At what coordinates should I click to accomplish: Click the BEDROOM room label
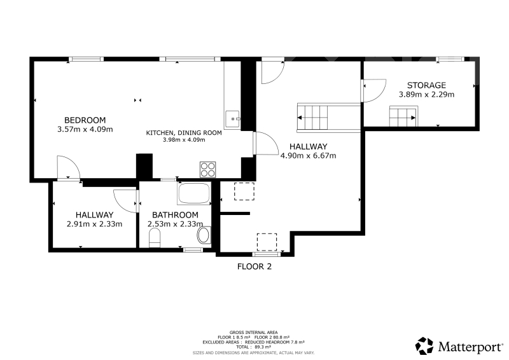85,120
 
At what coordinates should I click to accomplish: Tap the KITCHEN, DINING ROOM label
184,133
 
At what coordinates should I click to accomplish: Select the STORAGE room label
426,85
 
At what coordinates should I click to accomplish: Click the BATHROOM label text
175,215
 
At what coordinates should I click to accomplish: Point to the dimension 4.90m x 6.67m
308,156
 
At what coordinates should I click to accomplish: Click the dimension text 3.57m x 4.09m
85,129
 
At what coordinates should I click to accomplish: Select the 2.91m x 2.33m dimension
94,224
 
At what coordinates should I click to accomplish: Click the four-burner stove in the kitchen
208,169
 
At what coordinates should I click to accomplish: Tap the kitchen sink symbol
232,119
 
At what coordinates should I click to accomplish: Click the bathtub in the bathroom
194,193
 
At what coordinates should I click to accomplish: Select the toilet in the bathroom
155,238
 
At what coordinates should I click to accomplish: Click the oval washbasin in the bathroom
204,235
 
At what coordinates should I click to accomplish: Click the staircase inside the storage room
403,116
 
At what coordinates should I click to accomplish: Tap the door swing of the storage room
374,90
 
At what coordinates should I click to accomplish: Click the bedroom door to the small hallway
68,167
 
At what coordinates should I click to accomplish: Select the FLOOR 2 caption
254,267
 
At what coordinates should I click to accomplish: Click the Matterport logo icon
424,346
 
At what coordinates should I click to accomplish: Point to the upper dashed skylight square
244,191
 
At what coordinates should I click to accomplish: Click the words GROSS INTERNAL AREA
253,333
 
